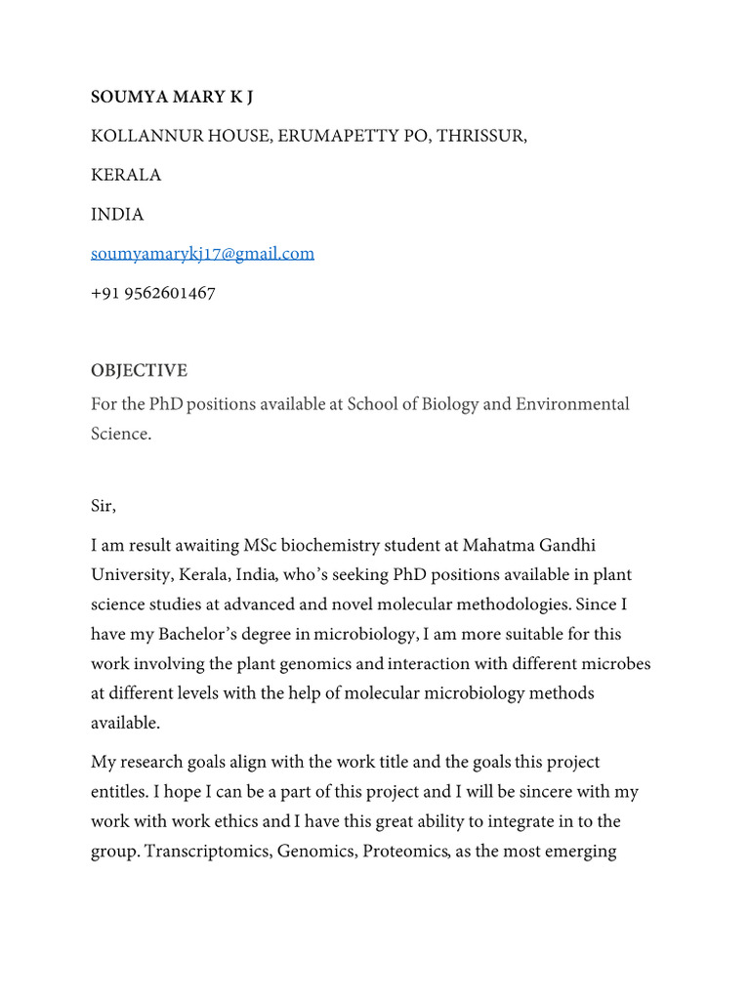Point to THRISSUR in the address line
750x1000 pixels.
pos(480,136)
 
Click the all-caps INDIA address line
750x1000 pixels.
pos(117,214)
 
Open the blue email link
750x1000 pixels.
pos(202,254)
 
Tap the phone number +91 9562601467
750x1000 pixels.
pos(153,293)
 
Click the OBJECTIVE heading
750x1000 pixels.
pos(139,371)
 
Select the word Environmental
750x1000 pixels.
pos(570,404)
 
